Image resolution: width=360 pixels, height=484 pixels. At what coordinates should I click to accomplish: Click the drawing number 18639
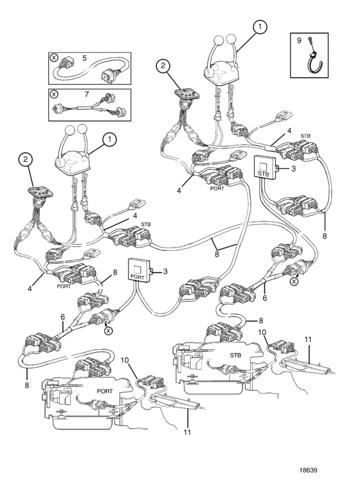(x=308, y=470)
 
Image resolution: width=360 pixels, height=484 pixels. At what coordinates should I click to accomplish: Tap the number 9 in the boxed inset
(x=298, y=40)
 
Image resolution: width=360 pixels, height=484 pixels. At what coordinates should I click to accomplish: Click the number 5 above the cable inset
(x=84, y=58)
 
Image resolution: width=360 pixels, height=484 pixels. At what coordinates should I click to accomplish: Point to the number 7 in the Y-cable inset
(x=87, y=94)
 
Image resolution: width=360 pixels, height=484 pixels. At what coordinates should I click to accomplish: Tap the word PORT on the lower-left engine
(x=105, y=391)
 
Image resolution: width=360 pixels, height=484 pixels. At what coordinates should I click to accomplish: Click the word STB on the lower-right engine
(x=235, y=355)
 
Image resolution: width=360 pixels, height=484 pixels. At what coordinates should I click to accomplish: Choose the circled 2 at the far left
(x=26, y=159)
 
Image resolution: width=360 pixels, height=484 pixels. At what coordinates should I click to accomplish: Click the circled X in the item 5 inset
(x=54, y=57)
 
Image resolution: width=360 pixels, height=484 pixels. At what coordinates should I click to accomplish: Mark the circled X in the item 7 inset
(x=54, y=94)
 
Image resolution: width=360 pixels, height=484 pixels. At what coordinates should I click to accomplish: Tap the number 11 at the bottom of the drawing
(x=187, y=432)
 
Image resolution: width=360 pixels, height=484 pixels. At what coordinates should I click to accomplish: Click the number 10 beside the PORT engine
(x=125, y=360)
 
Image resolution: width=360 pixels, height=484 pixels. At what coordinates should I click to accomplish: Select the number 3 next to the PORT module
(x=165, y=272)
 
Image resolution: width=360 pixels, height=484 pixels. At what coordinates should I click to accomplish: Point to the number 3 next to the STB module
(x=293, y=168)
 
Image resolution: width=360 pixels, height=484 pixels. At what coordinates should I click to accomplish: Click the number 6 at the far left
(x=62, y=318)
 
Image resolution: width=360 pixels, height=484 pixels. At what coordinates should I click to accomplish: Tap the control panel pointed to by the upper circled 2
(x=186, y=94)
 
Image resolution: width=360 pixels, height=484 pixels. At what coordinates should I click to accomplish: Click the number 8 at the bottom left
(x=27, y=385)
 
